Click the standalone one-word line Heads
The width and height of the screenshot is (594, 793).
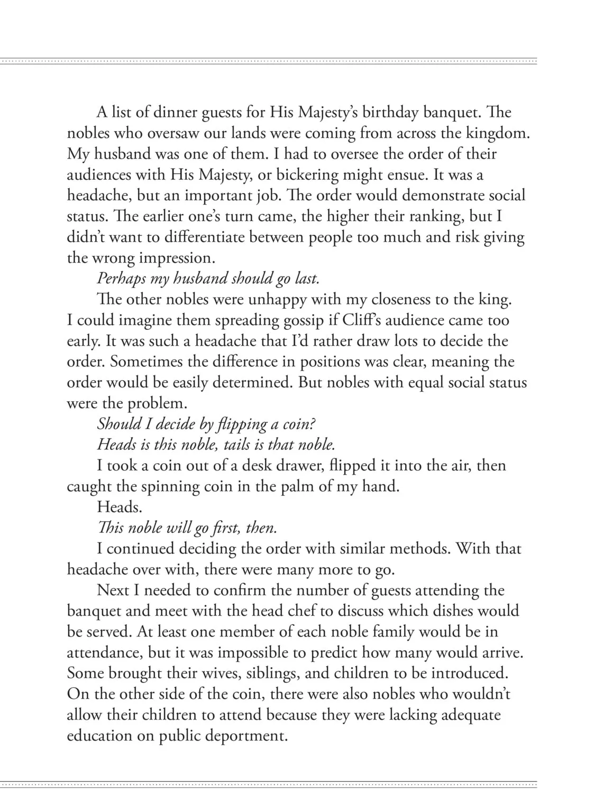(x=120, y=508)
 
